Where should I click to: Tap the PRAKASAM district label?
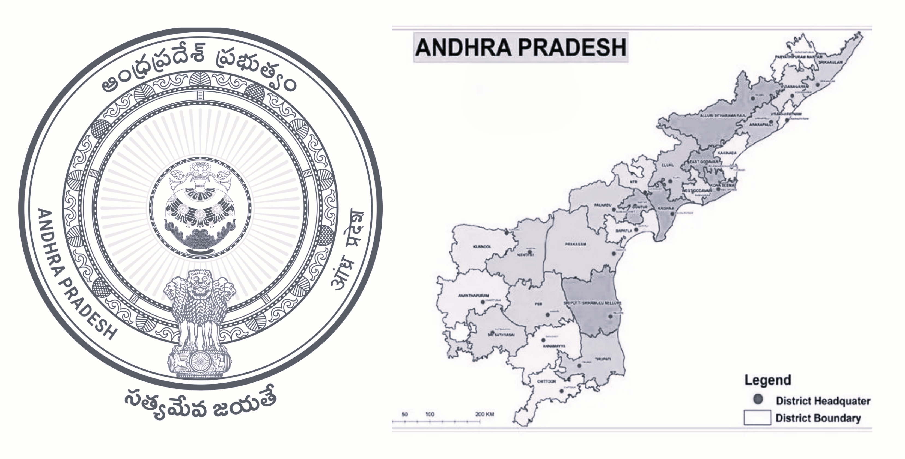tap(575, 244)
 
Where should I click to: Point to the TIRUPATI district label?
tap(603, 359)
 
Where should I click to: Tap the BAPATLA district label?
tap(624, 231)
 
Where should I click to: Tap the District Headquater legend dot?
tap(758, 399)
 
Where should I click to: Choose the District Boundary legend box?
tap(757, 418)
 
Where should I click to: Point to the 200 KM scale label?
tap(484, 415)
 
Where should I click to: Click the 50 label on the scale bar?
tap(404, 415)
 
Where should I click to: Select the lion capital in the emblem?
tap(200, 309)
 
